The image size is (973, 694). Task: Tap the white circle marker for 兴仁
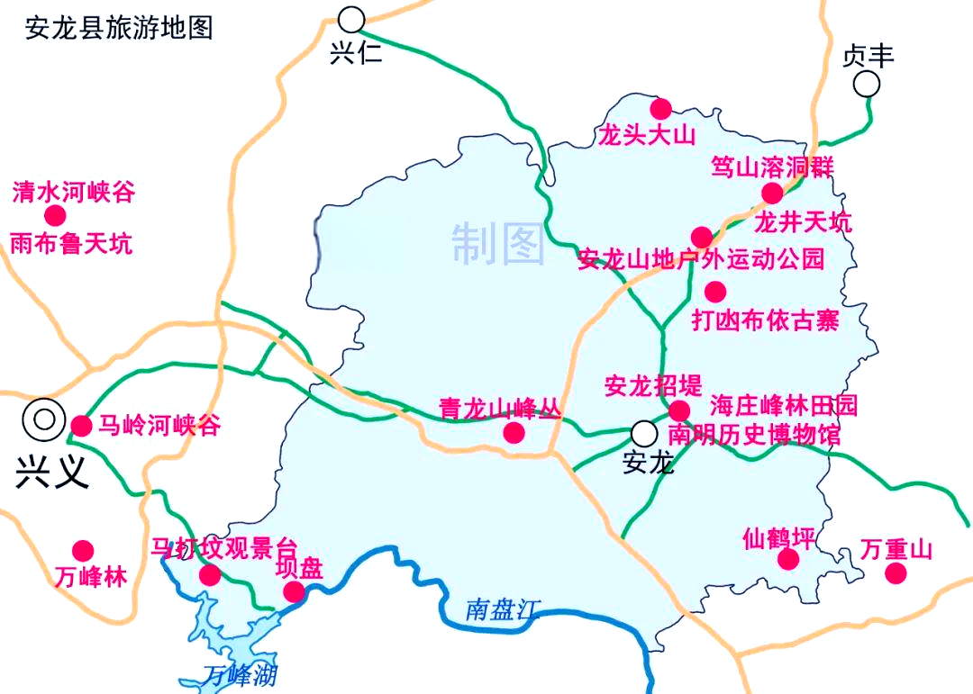[x=352, y=18]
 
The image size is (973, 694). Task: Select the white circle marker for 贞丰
[x=868, y=85]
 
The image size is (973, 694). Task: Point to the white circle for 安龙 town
[x=643, y=433]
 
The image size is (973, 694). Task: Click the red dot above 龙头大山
[x=660, y=108]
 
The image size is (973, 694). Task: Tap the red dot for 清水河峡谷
[x=55, y=215]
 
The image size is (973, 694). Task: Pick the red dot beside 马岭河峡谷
[x=81, y=426]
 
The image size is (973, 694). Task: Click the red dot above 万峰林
[x=83, y=550]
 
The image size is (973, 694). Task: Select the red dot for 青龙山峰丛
[x=514, y=432]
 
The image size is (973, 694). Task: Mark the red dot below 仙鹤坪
[x=788, y=560]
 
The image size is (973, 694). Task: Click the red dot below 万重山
[x=895, y=573]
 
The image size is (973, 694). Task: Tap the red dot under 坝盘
[x=294, y=591]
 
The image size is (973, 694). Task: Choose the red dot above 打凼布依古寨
[x=714, y=291]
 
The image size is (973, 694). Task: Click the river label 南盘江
[x=501, y=609]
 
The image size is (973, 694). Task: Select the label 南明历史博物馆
[x=755, y=436]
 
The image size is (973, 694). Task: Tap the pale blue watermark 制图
[x=498, y=244]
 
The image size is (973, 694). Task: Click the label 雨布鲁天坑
[x=71, y=243]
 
